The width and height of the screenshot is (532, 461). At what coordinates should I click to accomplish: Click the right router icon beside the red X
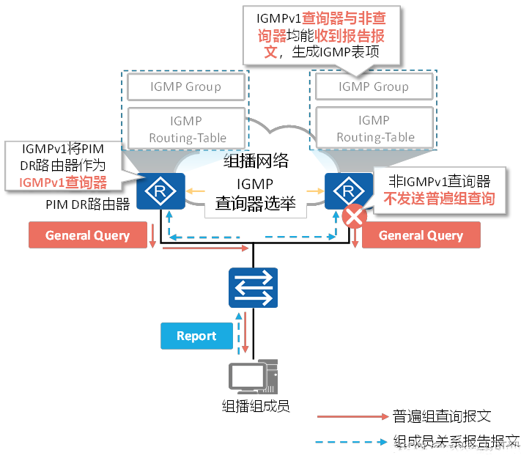pyautogui.click(x=344, y=192)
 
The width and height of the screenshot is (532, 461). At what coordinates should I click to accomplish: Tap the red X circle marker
pyautogui.click(x=355, y=218)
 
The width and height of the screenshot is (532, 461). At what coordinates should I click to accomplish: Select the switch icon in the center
pyautogui.click(x=253, y=287)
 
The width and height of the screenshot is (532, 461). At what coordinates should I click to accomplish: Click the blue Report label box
pyautogui.click(x=196, y=336)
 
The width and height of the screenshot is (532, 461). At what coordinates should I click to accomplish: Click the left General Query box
pyautogui.click(x=89, y=235)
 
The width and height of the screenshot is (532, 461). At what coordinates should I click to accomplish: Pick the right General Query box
pyautogui.click(x=421, y=235)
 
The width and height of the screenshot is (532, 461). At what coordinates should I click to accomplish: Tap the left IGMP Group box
pyautogui.click(x=185, y=87)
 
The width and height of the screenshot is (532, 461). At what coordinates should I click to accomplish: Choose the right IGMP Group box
pyautogui.click(x=373, y=87)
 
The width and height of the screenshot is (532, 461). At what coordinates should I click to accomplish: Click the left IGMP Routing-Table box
pyautogui.click(x=185, y=129)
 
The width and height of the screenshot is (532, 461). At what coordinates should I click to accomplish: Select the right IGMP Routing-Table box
pyautogui.click(x=373, y=128)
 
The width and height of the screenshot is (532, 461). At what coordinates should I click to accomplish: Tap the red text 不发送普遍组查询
pyautogui.click(x=440, y=198)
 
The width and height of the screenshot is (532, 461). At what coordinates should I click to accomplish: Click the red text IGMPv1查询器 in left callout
pyautogui.click(x=63, y=182)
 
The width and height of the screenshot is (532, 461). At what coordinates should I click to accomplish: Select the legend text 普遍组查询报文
pyautogui.click(x=442, y=416)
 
